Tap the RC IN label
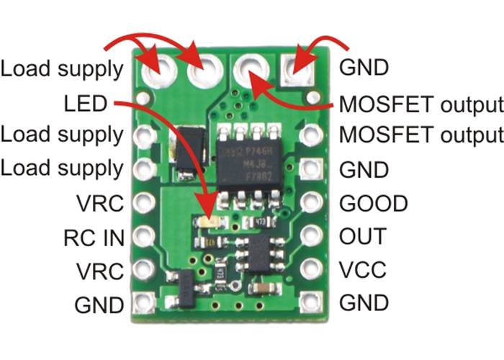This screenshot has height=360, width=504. [93, 236]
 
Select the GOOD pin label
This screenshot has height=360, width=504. [363, 202]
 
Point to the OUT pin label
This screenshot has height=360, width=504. [362, 236]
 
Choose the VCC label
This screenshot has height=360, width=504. [362, 270]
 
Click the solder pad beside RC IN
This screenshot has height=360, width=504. [145, 235]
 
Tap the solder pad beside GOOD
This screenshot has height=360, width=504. [311, 202]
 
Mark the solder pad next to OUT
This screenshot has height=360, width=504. [311, 235]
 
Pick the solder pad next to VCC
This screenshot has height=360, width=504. [311, 269]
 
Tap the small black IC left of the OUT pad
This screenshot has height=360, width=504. [261, 253]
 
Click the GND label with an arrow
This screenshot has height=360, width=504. [364, 69]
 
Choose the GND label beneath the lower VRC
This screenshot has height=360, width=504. [99, 304]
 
